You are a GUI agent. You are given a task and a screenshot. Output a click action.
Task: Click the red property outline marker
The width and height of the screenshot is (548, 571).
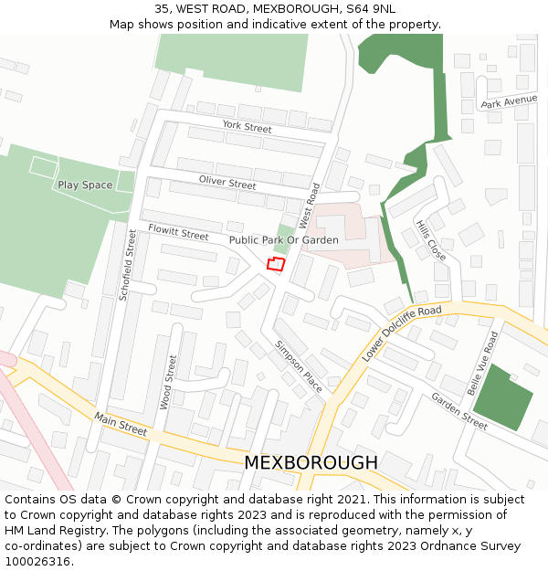click(276, 264)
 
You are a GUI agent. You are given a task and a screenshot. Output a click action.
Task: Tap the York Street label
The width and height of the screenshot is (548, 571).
click(247, 127)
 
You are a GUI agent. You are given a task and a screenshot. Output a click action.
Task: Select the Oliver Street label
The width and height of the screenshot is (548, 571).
click(227, 183)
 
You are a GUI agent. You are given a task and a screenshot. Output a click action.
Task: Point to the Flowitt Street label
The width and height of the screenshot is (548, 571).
click(178, 233)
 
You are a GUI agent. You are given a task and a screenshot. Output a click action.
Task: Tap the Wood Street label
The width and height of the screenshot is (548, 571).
click(168, 381)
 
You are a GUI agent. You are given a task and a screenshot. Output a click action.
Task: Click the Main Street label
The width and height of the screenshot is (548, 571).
click(120, 423)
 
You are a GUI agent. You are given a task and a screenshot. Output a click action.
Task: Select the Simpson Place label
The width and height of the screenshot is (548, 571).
click(299, 366)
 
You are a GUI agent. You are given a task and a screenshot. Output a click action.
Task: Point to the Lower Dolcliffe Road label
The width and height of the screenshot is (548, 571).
click(401, 333)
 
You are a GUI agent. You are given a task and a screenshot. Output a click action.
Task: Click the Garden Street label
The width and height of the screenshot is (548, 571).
click(459, 411)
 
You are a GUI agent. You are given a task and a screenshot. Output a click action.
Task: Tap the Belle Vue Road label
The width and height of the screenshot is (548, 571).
click(482, 364)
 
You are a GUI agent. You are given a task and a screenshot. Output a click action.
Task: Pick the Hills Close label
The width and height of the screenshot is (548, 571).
click(430, 240)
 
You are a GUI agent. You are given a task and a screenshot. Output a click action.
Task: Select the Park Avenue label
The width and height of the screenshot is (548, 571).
click(509, 100)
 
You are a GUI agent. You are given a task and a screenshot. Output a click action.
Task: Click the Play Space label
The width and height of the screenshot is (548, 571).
click(85, 185)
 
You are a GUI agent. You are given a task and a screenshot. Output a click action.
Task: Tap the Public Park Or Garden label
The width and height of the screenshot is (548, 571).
click(284, 240)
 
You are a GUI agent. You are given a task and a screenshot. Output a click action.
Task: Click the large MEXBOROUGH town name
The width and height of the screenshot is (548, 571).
click(310, 462)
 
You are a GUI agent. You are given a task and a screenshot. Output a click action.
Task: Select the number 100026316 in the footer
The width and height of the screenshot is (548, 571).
click(39, 561)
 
